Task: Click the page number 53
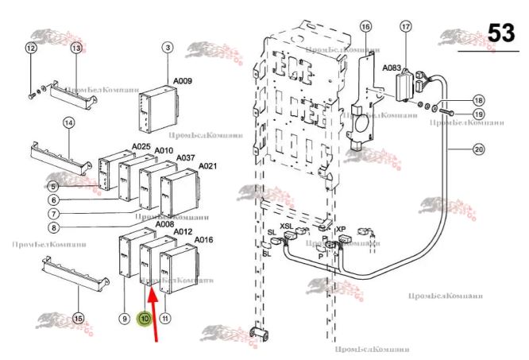click(500, 34)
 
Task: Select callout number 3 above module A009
click(168, 48)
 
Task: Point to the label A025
click(141, 147)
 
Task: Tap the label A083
click(392, 68)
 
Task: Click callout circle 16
click(365, 26)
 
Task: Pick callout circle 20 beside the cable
click(478, 148)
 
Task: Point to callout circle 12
click(31, 48)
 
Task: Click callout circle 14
click(69, 123)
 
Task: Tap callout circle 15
click(78, 318)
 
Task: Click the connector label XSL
click(287, 226)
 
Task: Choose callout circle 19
click(478, 114)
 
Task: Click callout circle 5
click(52, 186)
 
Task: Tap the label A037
click(185, 157)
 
